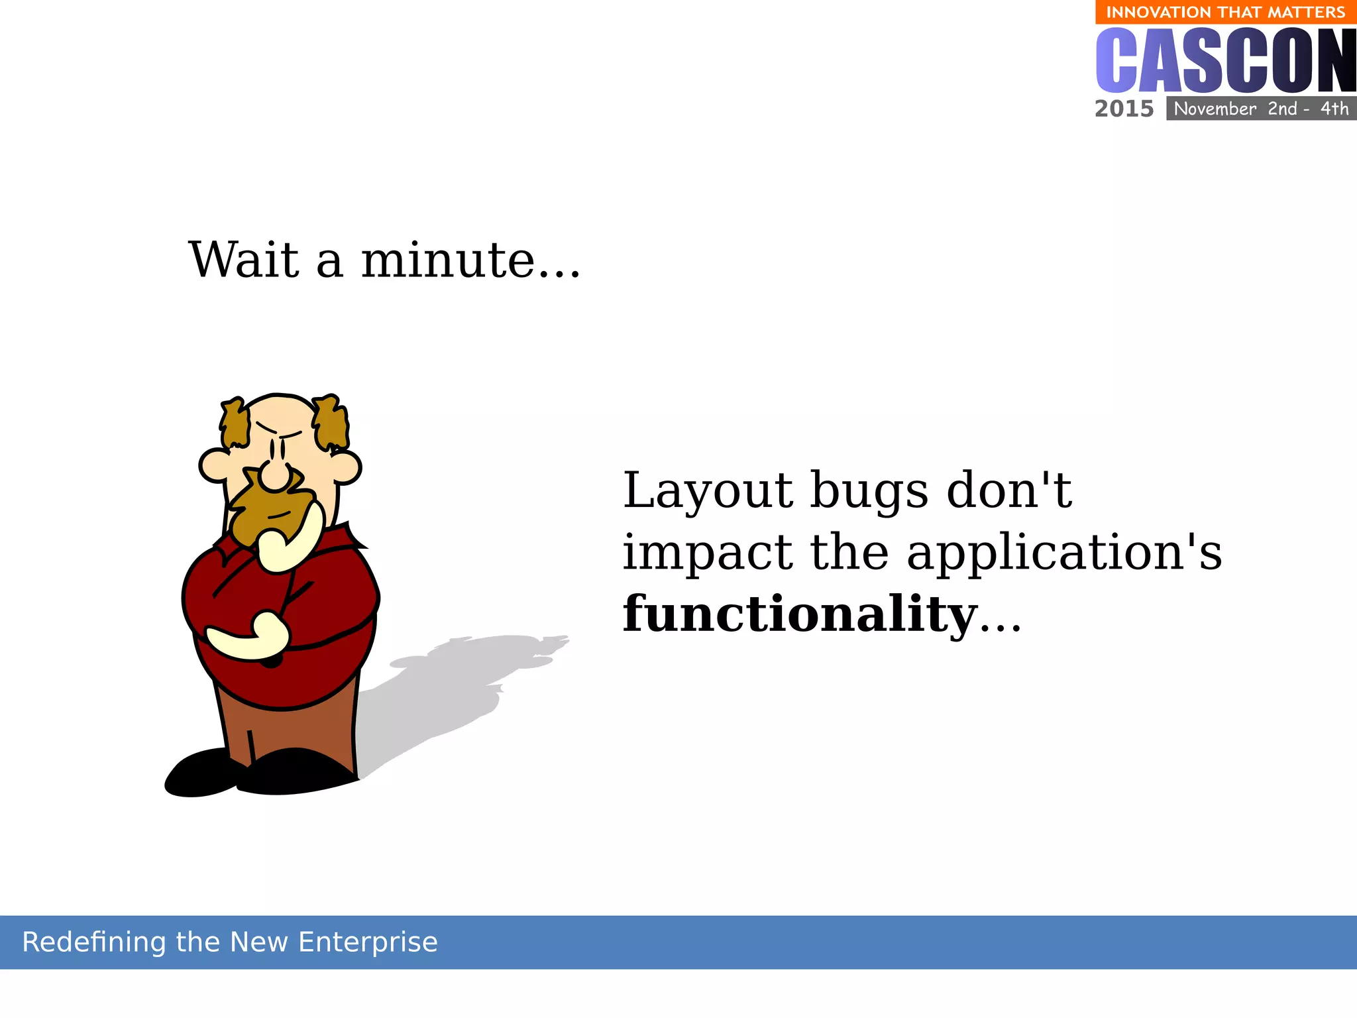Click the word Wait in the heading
point(244,260)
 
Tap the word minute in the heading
point(447,260)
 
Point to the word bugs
point(869,492)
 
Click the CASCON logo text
point(1225,61)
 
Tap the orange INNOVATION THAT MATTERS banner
point(1225,13)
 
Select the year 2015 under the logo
point(1124,109)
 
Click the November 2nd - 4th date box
point(1261,109)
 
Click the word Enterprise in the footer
point(368,942)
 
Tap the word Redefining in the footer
point(93,942)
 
